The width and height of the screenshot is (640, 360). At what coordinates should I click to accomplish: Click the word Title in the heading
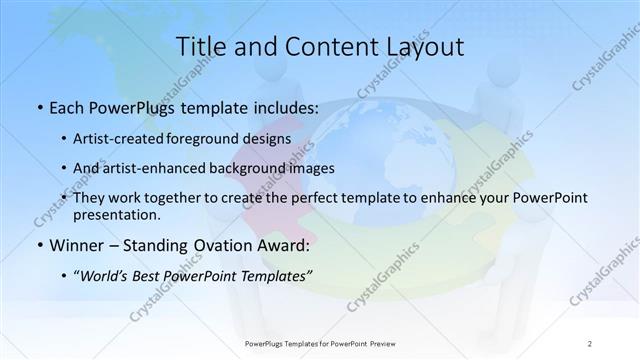(x=200, y=46)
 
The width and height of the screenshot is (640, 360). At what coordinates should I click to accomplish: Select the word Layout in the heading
(x=424, y=46)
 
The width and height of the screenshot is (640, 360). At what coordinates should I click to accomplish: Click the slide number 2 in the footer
(x=590, y=343)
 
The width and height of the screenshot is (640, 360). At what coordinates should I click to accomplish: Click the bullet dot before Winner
(x=38, y=245)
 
